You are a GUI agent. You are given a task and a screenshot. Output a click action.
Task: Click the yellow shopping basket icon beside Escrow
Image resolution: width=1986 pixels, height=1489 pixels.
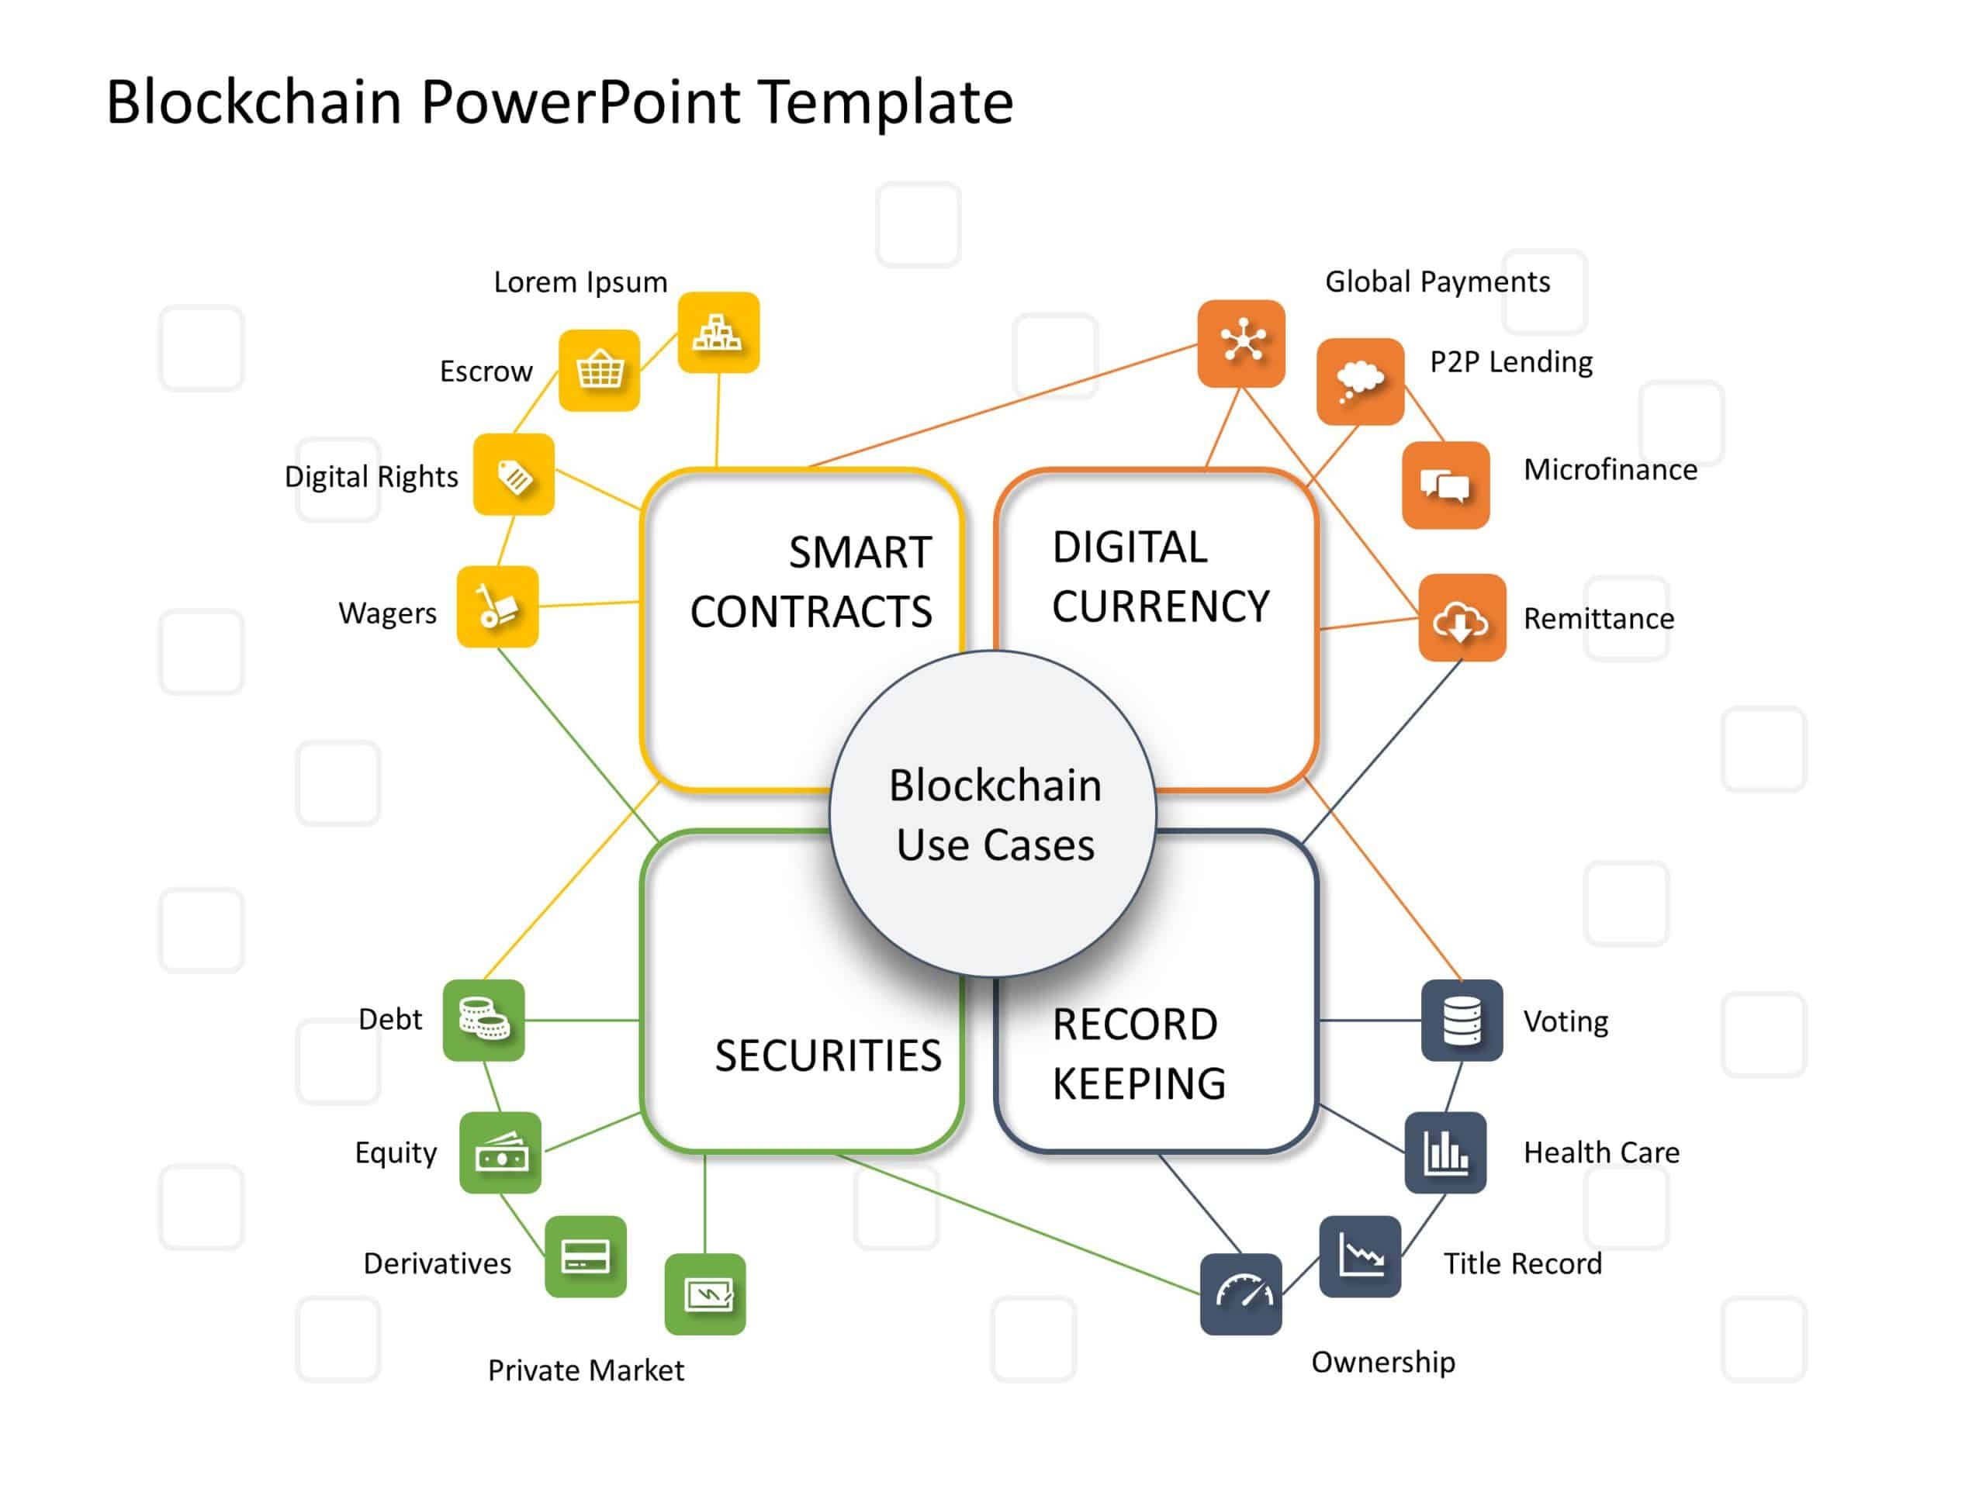[x=599, y=370]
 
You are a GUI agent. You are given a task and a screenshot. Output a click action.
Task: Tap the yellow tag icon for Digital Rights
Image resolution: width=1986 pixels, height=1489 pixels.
[x=514, y=474]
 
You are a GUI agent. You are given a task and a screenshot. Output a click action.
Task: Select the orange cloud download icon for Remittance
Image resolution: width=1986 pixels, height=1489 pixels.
[x=1461, y=617]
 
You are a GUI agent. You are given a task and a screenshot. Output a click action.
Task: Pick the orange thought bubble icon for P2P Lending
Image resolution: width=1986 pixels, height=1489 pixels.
[x=1359, y=381]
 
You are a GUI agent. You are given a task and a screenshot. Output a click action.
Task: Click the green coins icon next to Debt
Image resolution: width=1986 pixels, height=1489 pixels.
[x=483, y=1020]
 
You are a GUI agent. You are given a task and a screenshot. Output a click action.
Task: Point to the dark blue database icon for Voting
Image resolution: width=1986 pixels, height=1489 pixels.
[x=1461, y=1020]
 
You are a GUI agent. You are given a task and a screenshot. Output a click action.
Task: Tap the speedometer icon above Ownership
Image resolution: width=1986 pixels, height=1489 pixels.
[x=1240, y=1294]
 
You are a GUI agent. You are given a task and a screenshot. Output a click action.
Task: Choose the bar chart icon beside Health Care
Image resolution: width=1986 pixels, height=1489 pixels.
[x=1445, y=1152]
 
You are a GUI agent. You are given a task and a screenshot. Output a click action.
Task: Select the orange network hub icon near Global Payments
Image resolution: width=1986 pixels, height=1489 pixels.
[x=1240, y=343]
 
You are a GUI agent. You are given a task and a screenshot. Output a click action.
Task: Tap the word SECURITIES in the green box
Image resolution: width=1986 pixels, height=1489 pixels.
[x=828, y=1055]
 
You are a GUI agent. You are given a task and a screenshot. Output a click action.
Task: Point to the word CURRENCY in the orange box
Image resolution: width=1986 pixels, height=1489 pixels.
[x=1161, y=606]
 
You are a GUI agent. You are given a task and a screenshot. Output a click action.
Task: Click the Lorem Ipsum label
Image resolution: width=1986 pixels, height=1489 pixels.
[x=581, y=282]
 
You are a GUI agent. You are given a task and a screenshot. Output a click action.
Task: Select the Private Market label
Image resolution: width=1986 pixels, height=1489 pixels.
[x=586, y=1370]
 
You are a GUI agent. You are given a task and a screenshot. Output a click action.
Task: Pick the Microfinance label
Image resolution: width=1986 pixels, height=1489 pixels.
[x=1610, y=469]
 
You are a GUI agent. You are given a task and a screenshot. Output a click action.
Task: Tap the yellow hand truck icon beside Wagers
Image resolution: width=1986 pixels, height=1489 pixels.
[x=497, y=606]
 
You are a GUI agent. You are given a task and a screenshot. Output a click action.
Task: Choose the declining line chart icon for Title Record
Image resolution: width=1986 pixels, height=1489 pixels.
[x=1359, y=1256]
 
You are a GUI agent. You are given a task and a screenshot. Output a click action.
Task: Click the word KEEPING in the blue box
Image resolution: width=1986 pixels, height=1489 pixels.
[x=1138, y=1083]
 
